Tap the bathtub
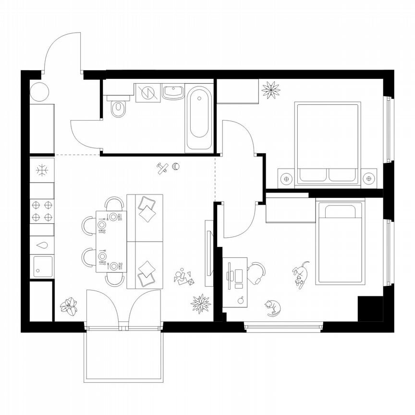click(x=199, y=118)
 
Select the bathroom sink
click(x=173, y=91)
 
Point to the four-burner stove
click(x=42, y=211)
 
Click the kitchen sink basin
click(x=43, y=266)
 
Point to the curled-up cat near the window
click(x=273, y=307)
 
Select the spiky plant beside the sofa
click(x=200, y=304)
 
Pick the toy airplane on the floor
click(x=163, y=168)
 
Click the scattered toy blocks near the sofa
click(x=184, y=278)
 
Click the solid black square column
click(x=370, y=309)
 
